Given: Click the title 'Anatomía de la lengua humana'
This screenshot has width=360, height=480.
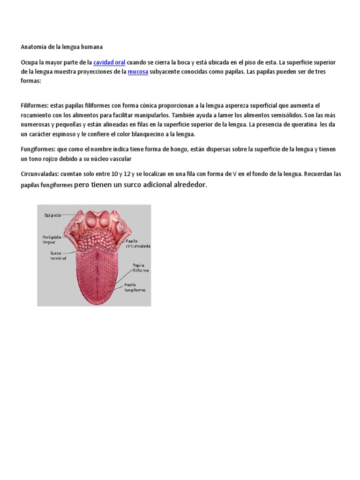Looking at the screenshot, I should pyautogui.click(x=62, y=47).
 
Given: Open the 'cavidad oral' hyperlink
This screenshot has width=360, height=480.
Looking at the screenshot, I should pyautogui.click(x=109, y=62).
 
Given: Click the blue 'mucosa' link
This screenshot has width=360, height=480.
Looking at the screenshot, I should pyautogui.click(x=138, y=72).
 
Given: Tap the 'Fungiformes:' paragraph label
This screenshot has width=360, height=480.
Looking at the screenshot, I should pyautogui.click(x=38, y=149).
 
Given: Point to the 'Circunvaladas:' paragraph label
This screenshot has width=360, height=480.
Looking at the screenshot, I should pyautogui.click(x=40, y=174).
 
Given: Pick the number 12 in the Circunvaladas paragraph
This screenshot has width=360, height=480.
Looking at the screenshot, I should pyautogui.click(x=128, y=174).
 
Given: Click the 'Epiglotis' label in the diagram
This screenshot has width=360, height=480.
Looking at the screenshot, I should pyautogui.click(x=52, y=215).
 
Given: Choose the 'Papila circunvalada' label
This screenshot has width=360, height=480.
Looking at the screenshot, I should pyautogui.click(x=137, y=243).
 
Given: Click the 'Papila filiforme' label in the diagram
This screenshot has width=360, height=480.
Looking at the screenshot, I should pyautogui.click(x=141, y=268).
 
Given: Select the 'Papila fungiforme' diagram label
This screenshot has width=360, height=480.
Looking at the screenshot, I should pyautogui.click(x=135, y=287).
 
